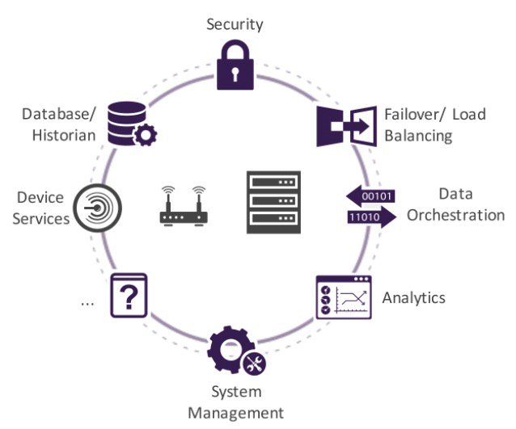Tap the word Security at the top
235,23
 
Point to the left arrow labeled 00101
370,196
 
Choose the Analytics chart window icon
343,299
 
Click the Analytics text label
414,297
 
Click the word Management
235,413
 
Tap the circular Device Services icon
97,208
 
